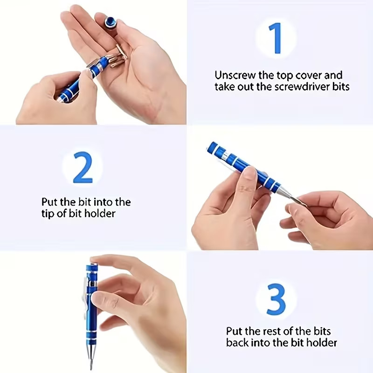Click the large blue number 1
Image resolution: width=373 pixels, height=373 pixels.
pyautogui.click(x=276, y=38)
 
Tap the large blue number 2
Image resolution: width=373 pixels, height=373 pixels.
pyautogui.click(x=83, y=166)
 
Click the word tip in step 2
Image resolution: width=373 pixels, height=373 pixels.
pyautogui.click(x=48, y=214)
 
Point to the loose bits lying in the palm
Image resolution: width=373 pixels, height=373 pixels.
pyautogui.click(x=117, y=56)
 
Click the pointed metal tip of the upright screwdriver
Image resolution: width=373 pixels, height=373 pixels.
pyautogui.click(x=90, y=361)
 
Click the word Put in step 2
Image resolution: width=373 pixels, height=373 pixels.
pyautogui.click(x=49, y=202)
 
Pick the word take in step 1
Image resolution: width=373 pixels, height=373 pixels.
pyautogui.click(x=225, y=87)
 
